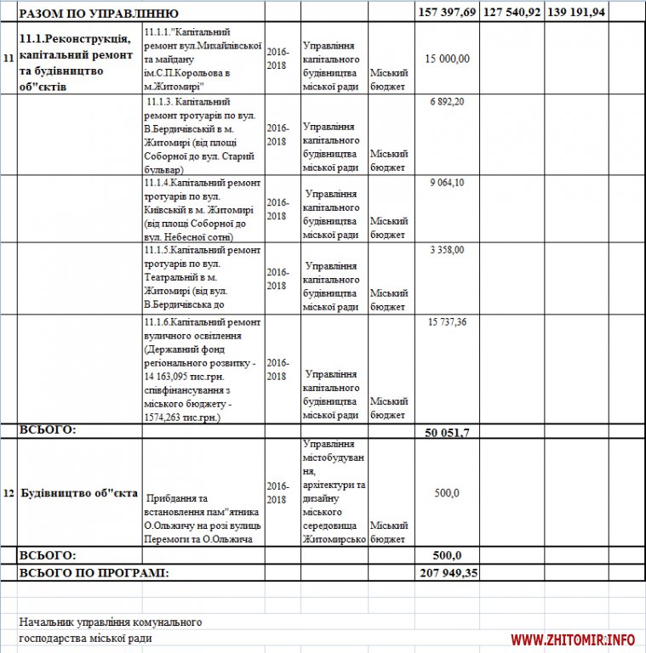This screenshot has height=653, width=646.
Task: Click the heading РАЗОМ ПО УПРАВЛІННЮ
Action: [x=99, y=14]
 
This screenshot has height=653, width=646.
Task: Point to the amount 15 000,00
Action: [x=448, y=58]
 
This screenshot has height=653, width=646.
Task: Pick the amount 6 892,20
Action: [x=448, y=102]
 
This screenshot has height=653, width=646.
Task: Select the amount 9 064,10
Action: [x=448, y=182]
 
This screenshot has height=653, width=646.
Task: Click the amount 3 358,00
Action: [x=448, y=249]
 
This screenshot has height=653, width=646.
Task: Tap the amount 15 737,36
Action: [x=448, y=321]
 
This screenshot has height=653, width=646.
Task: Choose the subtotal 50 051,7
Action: [x=448, y=432]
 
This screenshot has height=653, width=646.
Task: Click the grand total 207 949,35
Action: [x=449, y=572]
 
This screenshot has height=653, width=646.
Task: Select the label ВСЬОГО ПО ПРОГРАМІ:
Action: [x=94, y=572]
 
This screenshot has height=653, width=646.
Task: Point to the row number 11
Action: [x=8, y=58]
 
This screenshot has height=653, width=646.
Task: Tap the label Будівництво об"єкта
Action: [x=78, y=493]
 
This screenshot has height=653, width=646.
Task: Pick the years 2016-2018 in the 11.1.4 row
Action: [x=277, y=209]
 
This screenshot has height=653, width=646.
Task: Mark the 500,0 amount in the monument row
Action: [x=447, y=493]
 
